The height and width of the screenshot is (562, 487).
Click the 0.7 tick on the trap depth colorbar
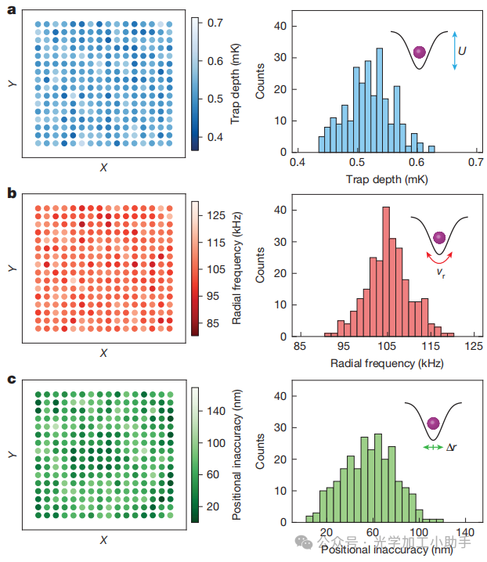coord(216,23)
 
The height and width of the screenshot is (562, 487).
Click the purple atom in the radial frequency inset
coord(439,236)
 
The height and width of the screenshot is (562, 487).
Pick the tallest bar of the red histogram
coord(385,271)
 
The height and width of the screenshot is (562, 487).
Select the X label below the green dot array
coord(103,540)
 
